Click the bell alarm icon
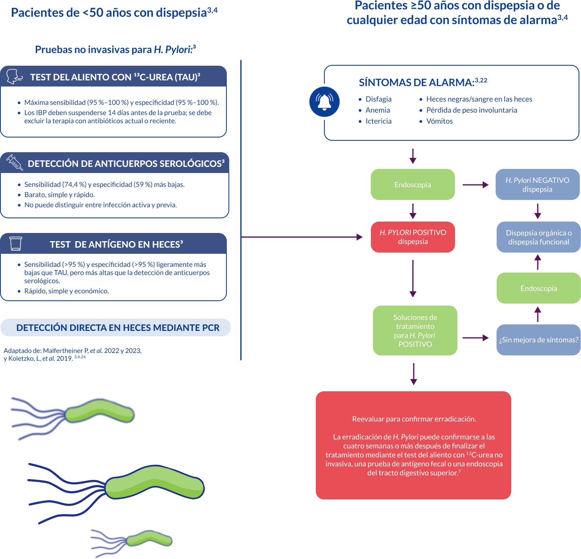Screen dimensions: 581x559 point(324,102)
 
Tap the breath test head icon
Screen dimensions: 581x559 point(14,77)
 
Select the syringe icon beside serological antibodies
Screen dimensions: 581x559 point(15,162)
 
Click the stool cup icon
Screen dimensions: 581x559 point(16,243)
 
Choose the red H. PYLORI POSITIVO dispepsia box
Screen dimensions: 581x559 point(412,237)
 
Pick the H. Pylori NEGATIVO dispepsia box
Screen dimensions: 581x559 point(537,184)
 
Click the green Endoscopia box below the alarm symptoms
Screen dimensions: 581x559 point(412,184)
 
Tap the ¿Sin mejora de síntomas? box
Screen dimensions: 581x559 point(538,339)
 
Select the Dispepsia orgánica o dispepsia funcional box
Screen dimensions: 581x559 point(538,237)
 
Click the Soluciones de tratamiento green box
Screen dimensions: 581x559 point(415,330)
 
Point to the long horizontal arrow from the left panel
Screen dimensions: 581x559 point(302,237)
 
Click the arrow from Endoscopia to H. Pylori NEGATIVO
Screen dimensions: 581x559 point(475,185)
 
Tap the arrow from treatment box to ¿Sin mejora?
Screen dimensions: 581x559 point(475,338)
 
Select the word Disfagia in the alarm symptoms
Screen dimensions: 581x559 point(378,99)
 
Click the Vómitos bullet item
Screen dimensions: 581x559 point(436,121)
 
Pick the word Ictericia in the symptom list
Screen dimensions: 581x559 point(378,121)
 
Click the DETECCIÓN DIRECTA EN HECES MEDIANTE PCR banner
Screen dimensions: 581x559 point(115,327)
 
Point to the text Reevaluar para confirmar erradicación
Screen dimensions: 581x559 point(414,419)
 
